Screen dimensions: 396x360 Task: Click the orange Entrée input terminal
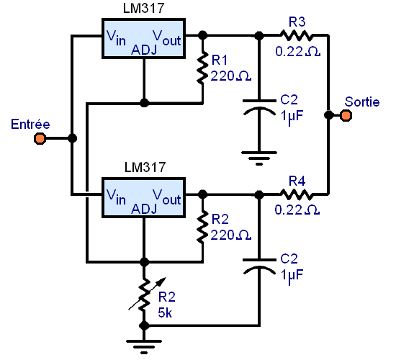click(x=40, y=138)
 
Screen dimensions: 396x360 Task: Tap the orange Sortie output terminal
click(x=346, y=116)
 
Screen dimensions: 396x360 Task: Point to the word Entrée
click(x=30, y=125)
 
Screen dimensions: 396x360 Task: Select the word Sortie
click(x=362, y=102)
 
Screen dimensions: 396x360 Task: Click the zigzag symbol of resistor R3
click(x=296, y=35)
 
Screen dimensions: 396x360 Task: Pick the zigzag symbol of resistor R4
click(x=296, y=194)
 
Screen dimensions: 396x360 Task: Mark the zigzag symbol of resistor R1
click(x=202, y=68)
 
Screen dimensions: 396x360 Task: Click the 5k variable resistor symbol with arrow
click(x=145, y=294)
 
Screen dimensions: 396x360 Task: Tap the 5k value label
click(x=165, y=312)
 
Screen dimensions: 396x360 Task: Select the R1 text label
click(x=219, y=60)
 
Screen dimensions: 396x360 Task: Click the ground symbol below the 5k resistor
click(x=144, y=346)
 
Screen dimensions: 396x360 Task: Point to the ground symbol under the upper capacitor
click(x=259, y=158)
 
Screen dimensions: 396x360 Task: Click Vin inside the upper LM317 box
click(x=116, y=37)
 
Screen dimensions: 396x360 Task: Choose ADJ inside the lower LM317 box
click(x=144, y=209)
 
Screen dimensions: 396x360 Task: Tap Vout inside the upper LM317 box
click(x=167, y=37)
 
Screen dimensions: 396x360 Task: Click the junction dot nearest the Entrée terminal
click(x=73, y=138)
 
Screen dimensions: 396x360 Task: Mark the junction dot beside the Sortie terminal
click(x=328, y=115)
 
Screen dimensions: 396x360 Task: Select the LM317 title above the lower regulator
click(x=145, y=167)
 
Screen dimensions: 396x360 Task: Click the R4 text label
click(x=297, y=181)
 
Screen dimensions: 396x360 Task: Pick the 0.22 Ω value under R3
click(x=298, y=52)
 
